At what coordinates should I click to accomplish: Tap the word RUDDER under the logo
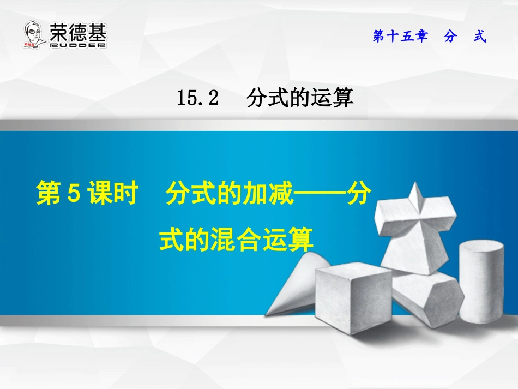(x=77, y=46)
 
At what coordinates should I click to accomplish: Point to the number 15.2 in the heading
(x=197, y=98)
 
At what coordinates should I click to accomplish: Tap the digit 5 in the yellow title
(x=75, y=195)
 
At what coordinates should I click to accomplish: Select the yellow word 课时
(x=112, y=195)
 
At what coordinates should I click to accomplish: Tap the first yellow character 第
(x=48, y=195)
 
